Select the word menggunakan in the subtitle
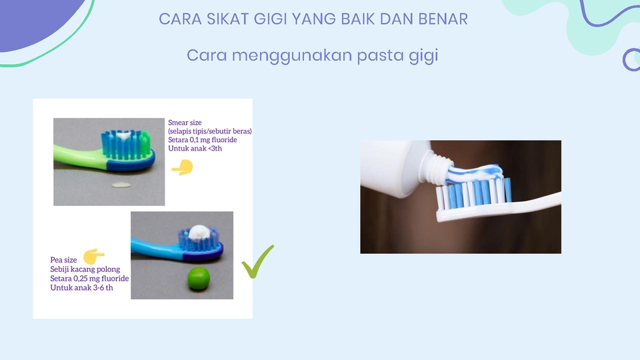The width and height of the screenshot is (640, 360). (x=291, y=56)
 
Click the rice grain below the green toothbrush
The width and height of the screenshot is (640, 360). (x=120, y=184)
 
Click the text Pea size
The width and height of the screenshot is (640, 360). (x=64, y=260)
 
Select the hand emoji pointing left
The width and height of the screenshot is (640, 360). (x=182, y=169)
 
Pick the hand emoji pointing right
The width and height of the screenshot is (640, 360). (x=93, y=254)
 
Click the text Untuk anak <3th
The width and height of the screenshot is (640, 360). (x=196, y=149)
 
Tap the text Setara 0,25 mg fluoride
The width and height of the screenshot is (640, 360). (x=89, y=278)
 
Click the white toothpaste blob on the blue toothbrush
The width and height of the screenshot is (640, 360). (x=197, y=232)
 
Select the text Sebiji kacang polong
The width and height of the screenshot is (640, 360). (x=85, y=269)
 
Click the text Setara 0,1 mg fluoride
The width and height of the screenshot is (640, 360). (x=203, y=140)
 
